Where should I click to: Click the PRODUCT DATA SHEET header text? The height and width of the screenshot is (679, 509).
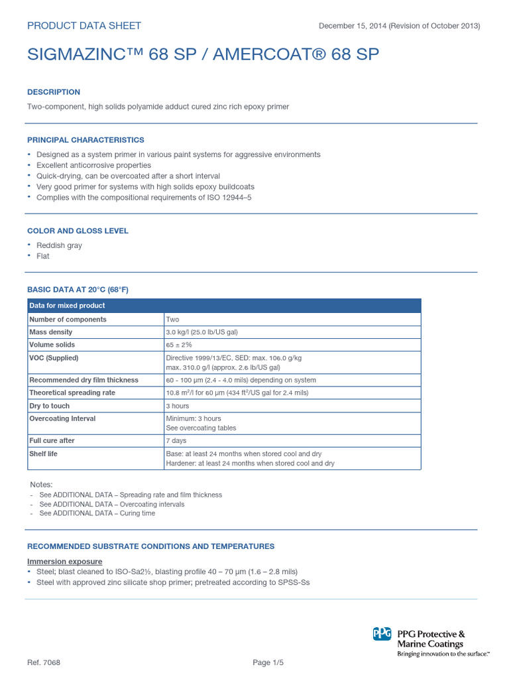tap(84, 26)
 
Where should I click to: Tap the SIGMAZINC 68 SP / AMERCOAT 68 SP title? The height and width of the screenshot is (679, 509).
tap(203, 55)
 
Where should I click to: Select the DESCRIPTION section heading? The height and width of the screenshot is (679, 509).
tap(54, 92)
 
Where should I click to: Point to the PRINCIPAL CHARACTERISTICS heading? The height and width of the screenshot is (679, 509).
tap(85, 140)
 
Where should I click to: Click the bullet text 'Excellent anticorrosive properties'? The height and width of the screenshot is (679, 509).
tap(93, 165)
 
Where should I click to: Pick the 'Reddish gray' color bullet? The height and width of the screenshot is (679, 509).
tap(59, 245)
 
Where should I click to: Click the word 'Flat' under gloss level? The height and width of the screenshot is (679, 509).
tap(43, 256)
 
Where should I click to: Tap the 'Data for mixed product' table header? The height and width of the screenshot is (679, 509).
tap(67, 306)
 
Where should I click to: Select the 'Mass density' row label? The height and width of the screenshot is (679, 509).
tap(51, 332)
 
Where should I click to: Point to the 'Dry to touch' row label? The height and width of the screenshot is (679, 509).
tap(50, 406)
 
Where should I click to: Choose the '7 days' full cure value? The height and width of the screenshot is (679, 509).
tap(176, 440)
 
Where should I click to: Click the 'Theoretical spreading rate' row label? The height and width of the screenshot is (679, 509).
tap(72, 393)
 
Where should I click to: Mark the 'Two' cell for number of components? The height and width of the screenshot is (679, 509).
tap(172, 319)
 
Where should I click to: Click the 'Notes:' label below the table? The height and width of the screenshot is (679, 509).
tap(41, 485)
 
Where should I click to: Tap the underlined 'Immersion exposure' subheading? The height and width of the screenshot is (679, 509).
tap(64, 562)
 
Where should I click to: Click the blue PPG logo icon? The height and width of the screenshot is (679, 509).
tap(382, 635)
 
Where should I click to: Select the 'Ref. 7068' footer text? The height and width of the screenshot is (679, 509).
tap(44, 663)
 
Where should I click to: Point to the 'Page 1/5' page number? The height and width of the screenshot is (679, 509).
tap(268, 663)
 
